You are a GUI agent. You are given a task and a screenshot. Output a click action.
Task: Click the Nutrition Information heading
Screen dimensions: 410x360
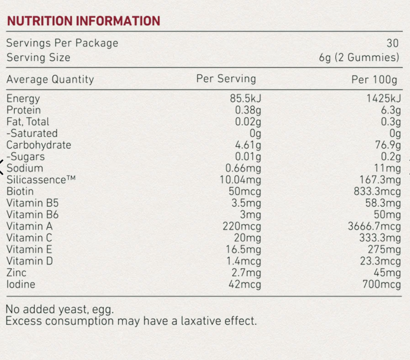[84, 21]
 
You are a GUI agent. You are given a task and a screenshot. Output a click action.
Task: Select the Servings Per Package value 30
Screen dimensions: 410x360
[392, 43]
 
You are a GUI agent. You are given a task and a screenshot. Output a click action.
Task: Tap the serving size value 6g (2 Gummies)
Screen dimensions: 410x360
[359, 58]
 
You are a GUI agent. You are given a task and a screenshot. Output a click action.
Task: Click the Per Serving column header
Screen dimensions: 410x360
[226, 79]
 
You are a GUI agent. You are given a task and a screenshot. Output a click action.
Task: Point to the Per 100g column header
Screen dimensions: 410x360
[374, 79]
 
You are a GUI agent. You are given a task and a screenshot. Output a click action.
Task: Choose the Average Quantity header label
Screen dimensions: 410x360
[50, 79]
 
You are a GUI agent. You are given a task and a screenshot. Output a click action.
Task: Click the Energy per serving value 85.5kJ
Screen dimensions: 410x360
[246, 98]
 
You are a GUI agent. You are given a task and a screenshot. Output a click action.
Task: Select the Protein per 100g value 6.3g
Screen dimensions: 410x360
[391, 110]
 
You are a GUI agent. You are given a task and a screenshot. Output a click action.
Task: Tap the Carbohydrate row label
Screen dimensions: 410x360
[39, 145]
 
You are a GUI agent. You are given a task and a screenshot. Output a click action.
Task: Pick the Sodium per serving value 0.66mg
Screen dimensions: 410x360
[243, 168]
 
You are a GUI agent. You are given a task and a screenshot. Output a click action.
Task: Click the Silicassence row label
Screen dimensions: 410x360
[41, 180]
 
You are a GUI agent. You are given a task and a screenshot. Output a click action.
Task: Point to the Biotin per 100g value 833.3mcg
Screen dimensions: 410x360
[377, 191]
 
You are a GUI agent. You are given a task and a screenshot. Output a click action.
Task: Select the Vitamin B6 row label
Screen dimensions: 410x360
[32, 215]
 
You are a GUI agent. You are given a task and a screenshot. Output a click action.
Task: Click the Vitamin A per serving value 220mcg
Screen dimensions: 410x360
[242, 226]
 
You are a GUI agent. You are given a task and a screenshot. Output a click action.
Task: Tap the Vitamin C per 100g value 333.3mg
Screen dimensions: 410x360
[380, 238]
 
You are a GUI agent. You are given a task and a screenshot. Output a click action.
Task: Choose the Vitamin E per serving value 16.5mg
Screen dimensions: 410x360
[243, 250]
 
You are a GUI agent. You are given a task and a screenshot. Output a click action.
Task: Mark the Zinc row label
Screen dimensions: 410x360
[16, 273]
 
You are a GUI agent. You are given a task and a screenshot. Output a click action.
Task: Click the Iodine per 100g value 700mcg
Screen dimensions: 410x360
[381, 284]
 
